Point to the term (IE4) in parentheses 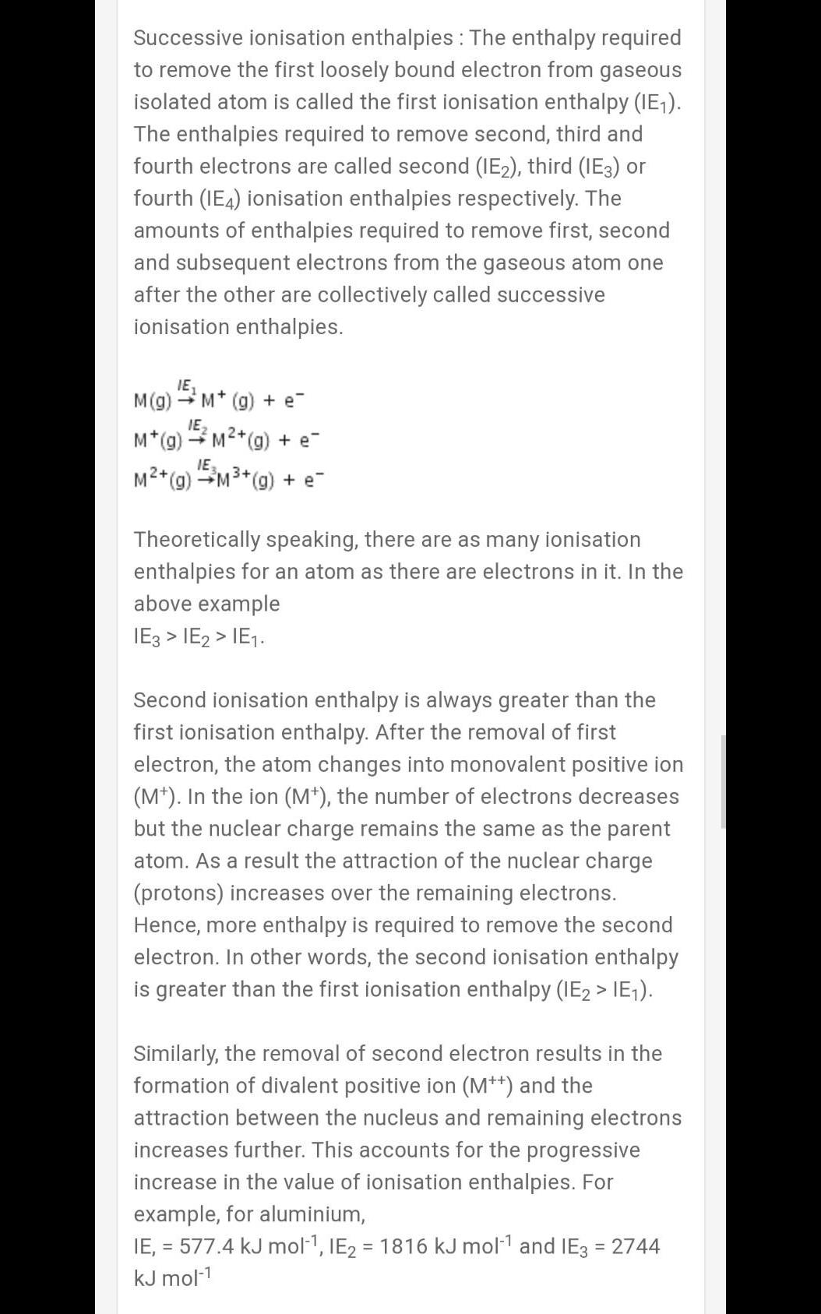click(x=223, y=199)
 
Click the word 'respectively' click(x=518, y=199)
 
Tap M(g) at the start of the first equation click(x=152, y=401)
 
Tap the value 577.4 click(x=206, y=1246)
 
